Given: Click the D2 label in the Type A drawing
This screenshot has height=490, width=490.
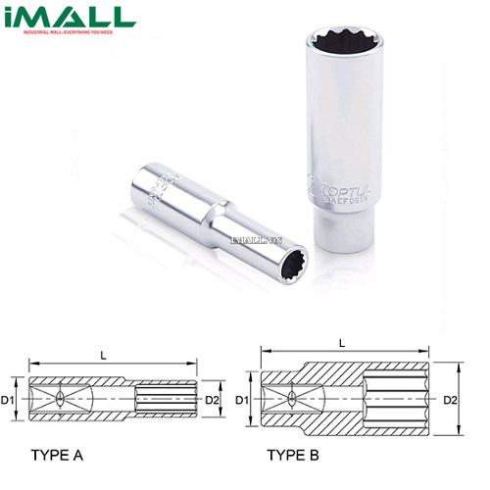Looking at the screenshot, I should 211,400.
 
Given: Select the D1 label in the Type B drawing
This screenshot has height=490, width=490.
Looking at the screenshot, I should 240,400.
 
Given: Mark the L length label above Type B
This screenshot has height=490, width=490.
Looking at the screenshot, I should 341,343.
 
